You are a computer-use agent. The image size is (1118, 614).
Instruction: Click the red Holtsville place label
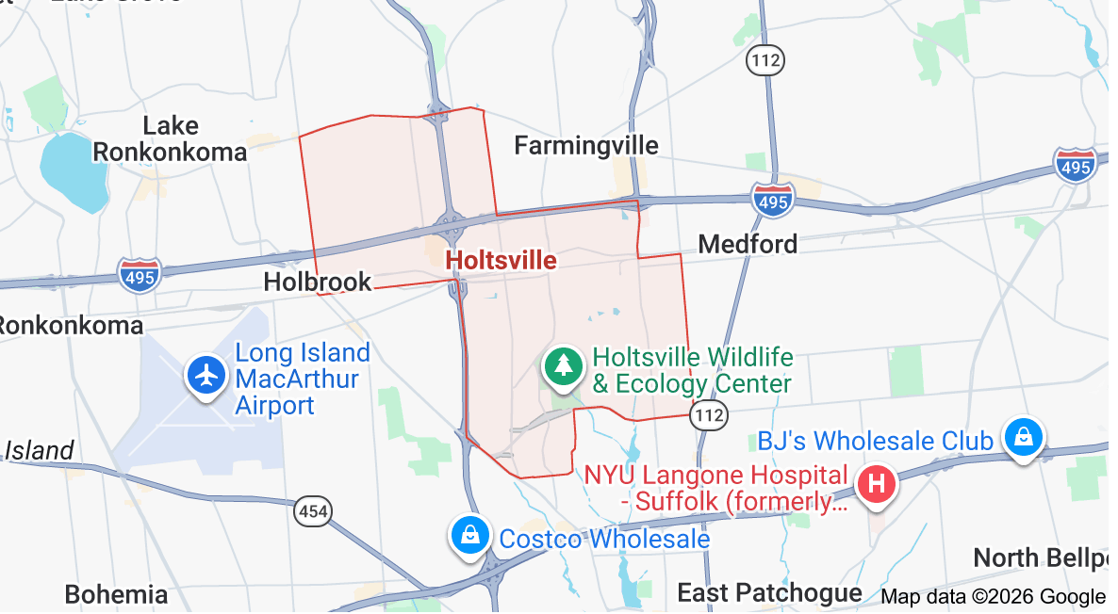(501, 260)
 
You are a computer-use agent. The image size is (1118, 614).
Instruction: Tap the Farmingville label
(585, 145)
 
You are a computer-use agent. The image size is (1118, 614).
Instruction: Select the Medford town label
(748, 244)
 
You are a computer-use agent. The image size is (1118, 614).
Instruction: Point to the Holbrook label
(317, 281)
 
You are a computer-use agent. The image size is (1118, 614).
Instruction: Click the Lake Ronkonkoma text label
(170, 138)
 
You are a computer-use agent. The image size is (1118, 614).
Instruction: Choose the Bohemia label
(116, 594)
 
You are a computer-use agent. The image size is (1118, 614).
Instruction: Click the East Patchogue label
(769, 592)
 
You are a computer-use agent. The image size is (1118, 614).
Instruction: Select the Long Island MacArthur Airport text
(302, 380)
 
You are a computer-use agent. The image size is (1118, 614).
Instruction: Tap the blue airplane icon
(206, 374)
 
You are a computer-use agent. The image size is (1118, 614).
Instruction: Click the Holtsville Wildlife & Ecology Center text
(692, 371)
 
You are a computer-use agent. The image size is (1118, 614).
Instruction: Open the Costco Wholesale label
(604, 539)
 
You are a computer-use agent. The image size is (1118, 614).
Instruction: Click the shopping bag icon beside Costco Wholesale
(469, 534)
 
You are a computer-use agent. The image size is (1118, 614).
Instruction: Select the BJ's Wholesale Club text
(875, 440)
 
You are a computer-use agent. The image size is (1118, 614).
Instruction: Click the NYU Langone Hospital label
(716, 488)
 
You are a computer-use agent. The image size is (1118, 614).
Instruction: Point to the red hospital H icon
(876, 485)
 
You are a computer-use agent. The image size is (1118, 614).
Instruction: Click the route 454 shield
(312, 511)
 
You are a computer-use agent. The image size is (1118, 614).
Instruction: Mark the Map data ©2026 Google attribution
(992, 596)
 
